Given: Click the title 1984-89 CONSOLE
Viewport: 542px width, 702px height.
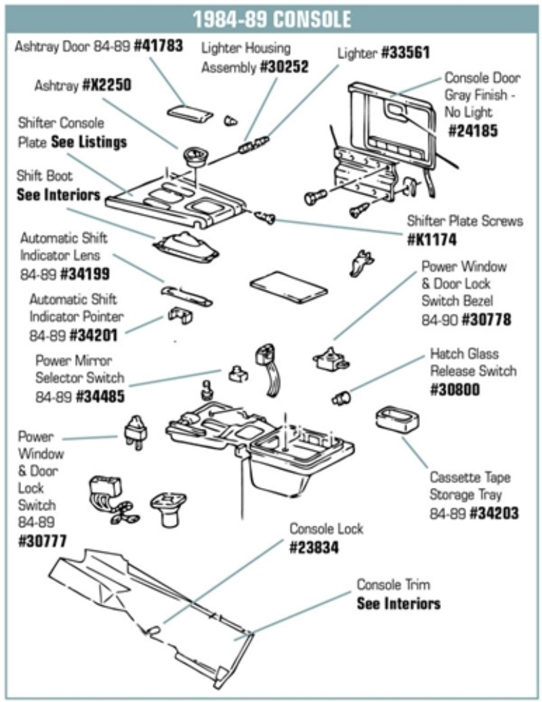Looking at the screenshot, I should tap(271, 18).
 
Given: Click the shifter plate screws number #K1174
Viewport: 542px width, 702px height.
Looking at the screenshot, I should tap(432, 239).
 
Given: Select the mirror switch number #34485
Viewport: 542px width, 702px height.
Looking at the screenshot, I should tap(100, 395).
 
